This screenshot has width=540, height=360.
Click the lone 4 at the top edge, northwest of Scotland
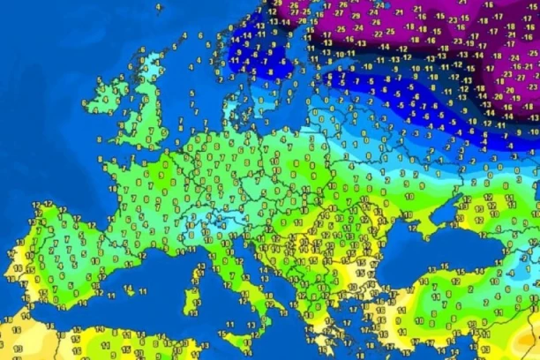pos(159,7)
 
